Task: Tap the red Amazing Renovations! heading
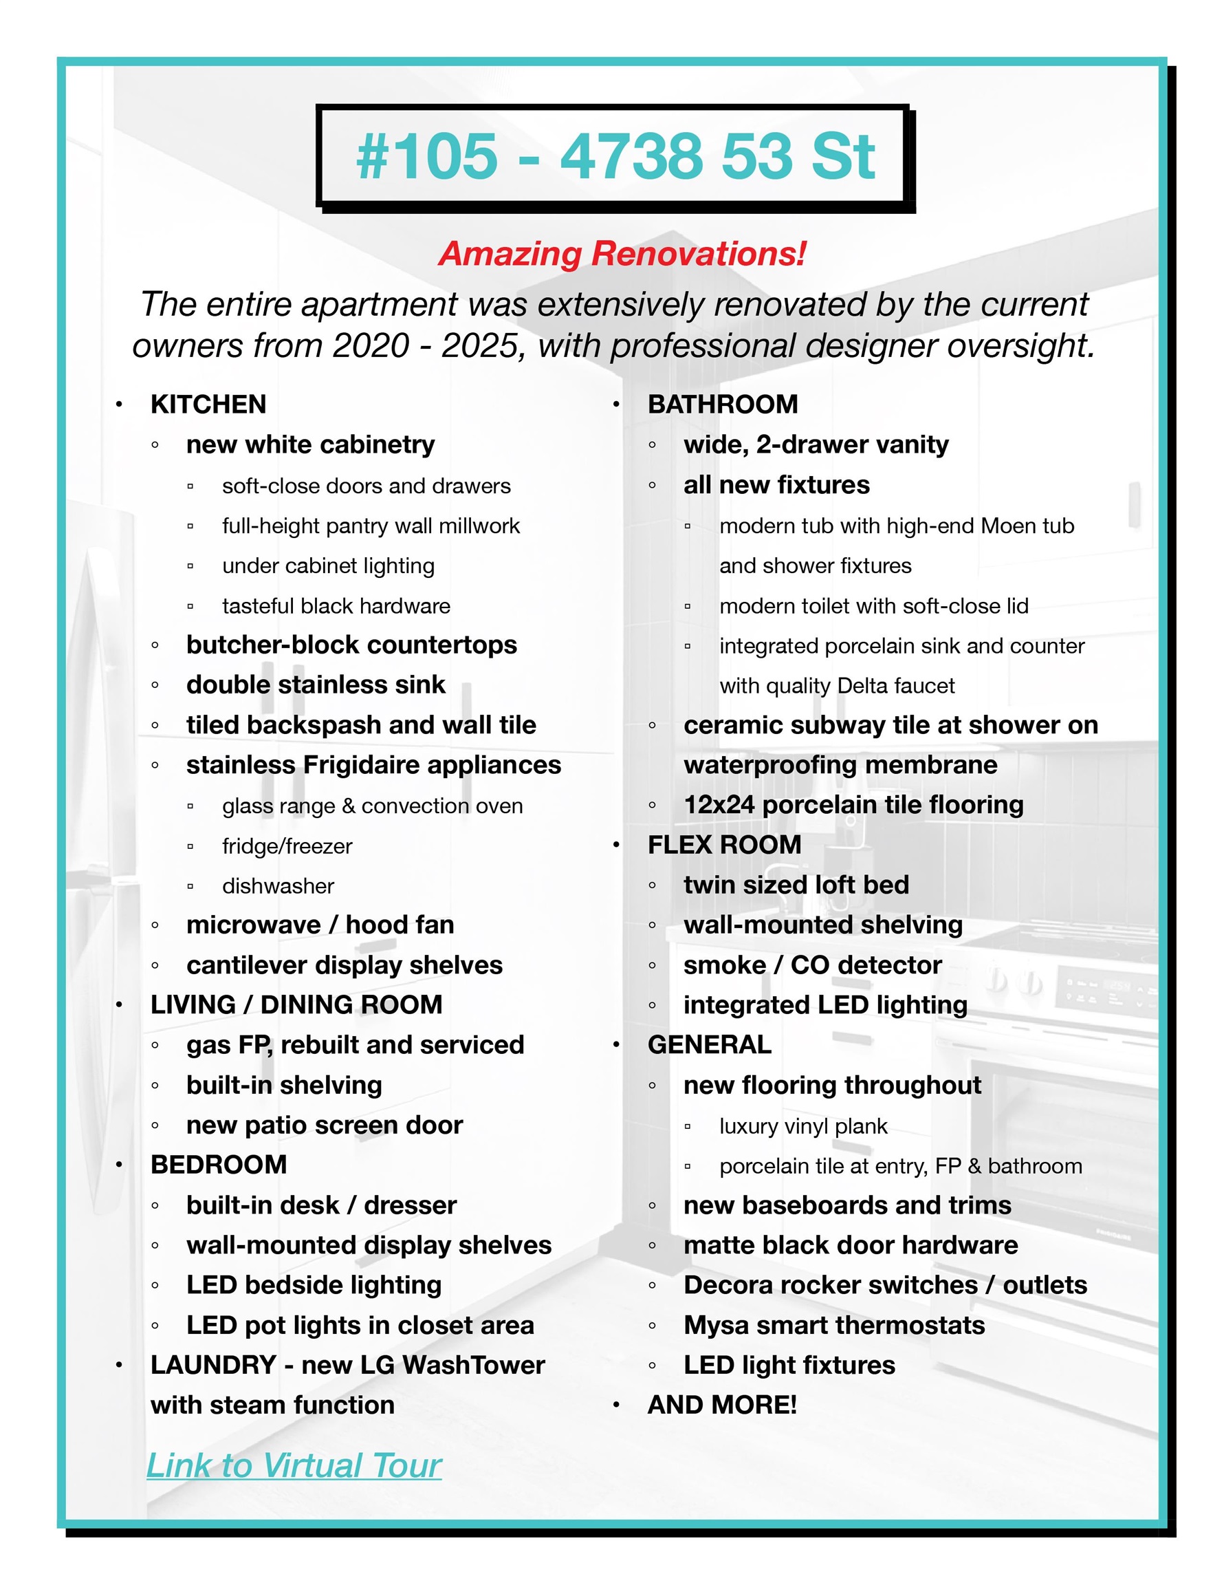[622, 254]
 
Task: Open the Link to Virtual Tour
[294, 1465]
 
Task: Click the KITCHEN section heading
[208, 405]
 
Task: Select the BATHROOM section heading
[723, 405]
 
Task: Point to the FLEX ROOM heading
[724, 844]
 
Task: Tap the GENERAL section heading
[710, 1044]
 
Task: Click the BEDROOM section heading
[219, 1164]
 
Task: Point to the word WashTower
[473, 1365]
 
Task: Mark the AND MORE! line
[722, 1405]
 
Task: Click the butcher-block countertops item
[351, 645]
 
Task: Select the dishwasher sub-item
[278, 886]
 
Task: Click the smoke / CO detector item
[813, 964]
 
